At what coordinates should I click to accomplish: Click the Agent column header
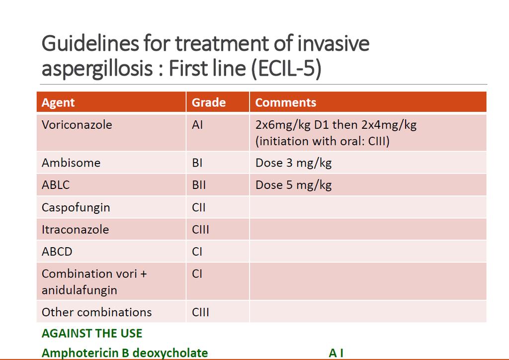(x=58, y=102)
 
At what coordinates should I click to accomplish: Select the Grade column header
(x=208, y=102)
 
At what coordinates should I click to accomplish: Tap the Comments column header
(x=286, y=102)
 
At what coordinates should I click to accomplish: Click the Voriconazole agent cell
(x=77, y=125)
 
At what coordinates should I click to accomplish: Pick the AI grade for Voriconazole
(x=197, y=125)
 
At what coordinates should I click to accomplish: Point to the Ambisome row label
(x=71, y=163)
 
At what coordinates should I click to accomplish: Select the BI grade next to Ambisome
(x=197, y=163)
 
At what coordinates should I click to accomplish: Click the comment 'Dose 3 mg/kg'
(x=293, y=163)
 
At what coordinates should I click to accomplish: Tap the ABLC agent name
(x=56, y=184)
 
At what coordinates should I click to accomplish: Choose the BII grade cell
(x=199, y=185)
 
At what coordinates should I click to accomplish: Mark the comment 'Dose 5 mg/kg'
(x=293, y=185)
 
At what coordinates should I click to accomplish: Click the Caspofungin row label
(x=76, y=207)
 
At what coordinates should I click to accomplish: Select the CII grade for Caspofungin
(x=199, y=207)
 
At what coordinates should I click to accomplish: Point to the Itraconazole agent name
(x=76, y=230)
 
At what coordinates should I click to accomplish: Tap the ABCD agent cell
(x=57, y=252)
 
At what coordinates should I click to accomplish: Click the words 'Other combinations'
(x=97, y=312)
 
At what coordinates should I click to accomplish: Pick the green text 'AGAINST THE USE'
(x=92, y=333)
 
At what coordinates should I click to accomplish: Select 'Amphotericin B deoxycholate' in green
(x=125, y=353)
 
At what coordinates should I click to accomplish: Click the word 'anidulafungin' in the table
(x=79, y=290)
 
